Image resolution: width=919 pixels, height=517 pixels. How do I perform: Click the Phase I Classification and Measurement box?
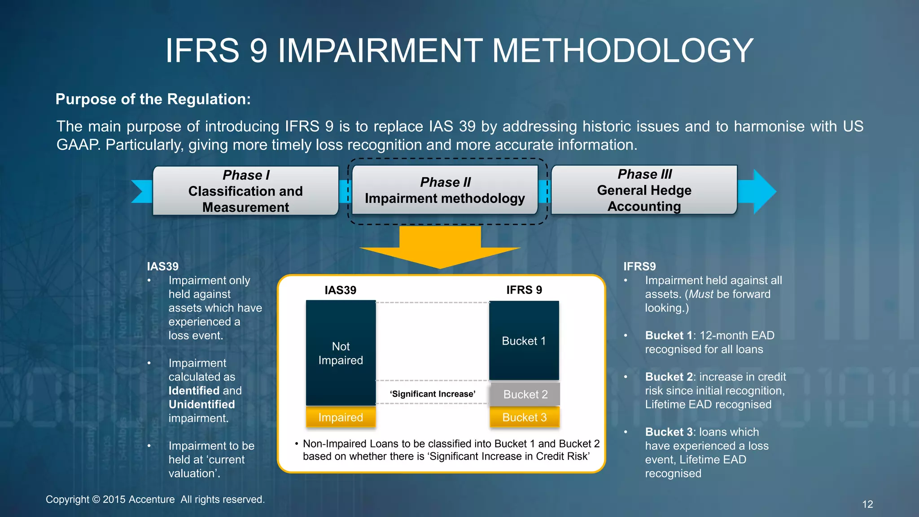pos(245,191)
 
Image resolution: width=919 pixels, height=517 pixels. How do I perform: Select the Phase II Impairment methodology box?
pos(445,190)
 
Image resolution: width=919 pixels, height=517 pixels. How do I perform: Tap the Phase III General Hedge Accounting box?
pos(644,190)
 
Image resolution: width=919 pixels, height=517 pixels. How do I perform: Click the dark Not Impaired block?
pos(341,353)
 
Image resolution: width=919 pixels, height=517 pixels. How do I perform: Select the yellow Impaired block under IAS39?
pos(341,417)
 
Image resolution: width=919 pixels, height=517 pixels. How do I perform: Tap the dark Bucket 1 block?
pos(524,341)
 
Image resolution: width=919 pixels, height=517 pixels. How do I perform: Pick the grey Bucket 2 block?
pos(525,394)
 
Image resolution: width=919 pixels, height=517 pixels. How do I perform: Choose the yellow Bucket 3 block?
pos(524,417)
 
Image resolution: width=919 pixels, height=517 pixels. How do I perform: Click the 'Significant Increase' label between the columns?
pos(433,394)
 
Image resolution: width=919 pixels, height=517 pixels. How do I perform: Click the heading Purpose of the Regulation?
pos(153,99)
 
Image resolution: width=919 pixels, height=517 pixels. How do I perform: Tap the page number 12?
pos(867,504)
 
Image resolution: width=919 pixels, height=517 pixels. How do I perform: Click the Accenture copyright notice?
pos(155,499)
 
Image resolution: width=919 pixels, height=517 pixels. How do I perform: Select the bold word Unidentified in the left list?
pos(201,404)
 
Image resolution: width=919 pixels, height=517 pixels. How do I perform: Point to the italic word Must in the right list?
pos(701,294)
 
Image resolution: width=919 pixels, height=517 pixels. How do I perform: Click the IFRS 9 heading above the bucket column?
pos(524,290)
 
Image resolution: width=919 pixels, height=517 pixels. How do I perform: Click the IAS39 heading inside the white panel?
pos(340,290)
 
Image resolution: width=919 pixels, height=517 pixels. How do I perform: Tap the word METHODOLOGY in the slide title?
pos(622,50)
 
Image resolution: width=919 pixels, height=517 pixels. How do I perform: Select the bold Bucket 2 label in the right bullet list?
pos(669,377)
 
